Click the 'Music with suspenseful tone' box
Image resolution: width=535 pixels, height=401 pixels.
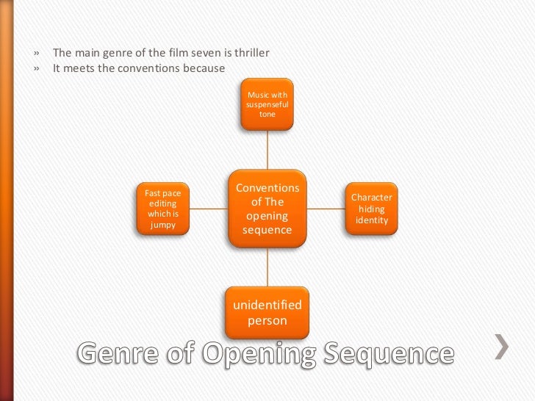pos(267,105)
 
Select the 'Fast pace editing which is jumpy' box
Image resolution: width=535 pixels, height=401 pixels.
pos(162,209)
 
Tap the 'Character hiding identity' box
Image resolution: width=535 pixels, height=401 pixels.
pos(371,209)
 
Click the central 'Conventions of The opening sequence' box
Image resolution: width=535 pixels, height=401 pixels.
pos(267,209)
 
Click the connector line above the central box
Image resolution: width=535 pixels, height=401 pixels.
pos(267,151)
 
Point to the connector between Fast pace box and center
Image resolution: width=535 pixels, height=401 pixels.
pos(209,209)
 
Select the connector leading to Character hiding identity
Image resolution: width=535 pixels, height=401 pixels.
pos(326,209)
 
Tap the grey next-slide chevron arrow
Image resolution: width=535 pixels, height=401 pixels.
pos(500,345)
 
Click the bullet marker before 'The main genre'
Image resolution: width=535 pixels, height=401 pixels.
pos(35,54)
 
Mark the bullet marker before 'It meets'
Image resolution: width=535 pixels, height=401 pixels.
pos(35,70)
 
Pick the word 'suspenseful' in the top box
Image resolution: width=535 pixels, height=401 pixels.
pos(267,105)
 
